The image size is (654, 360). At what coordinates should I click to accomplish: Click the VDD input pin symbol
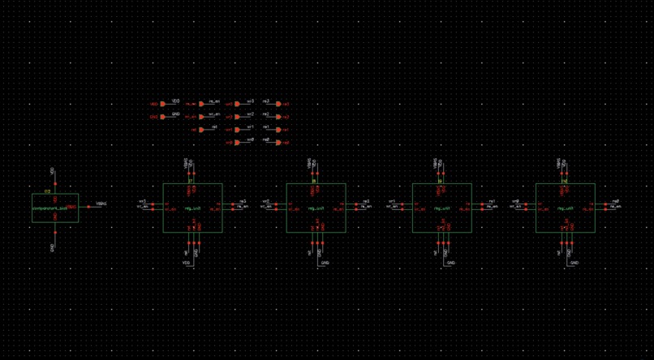(x=155, y=104)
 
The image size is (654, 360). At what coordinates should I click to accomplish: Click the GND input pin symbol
(x=155, y=117)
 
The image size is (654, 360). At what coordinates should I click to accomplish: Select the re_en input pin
(x=192, y=104)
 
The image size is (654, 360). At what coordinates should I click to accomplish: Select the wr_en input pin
(x=192, y=117)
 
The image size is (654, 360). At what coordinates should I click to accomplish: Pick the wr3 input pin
(x=230, y=104)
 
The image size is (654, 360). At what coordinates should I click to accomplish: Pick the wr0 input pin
(x=230, y=143)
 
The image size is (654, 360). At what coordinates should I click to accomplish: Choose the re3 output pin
(x=284, y=104)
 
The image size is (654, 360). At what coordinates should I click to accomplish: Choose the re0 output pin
(x=284, y=143)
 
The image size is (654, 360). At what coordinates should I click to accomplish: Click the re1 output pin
(x=284, y=130)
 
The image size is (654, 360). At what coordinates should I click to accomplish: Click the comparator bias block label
(x=55, y=208)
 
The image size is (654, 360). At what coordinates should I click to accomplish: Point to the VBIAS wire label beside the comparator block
(x=101, y=204)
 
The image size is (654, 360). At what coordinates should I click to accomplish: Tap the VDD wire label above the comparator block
(x=54, y=172)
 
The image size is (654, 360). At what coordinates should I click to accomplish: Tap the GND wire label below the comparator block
(x=54, y=246)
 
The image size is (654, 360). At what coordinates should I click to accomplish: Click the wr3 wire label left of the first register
(x=143, y=200)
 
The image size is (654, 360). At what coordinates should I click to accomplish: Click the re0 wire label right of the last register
(x=616, y=200)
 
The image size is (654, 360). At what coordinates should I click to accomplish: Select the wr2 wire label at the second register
(x=266, y=200)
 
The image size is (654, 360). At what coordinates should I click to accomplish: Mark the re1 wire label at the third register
(x=492, y=200)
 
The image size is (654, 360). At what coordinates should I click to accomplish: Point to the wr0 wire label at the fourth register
(x=516, y=200)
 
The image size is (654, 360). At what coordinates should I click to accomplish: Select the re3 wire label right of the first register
(x=242, y=200)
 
